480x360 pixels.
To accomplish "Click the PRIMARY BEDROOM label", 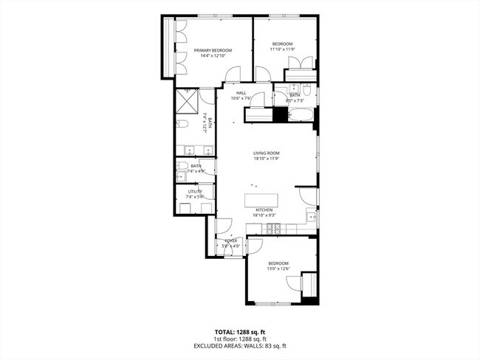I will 213,50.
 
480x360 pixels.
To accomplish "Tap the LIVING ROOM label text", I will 266,153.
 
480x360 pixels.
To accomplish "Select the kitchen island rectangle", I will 263,200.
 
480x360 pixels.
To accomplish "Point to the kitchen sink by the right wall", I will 312,218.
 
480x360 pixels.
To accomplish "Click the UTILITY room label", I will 194,192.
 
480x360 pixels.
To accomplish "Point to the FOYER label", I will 231,240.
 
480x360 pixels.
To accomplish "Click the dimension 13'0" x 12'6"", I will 278,269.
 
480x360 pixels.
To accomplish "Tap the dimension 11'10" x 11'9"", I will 282,49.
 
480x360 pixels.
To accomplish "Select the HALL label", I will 241,92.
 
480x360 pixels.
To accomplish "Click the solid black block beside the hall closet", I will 280,114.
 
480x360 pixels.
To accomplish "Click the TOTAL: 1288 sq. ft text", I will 240,330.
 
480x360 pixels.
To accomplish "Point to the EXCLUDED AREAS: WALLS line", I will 240,345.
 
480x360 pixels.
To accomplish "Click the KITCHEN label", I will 264,210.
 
